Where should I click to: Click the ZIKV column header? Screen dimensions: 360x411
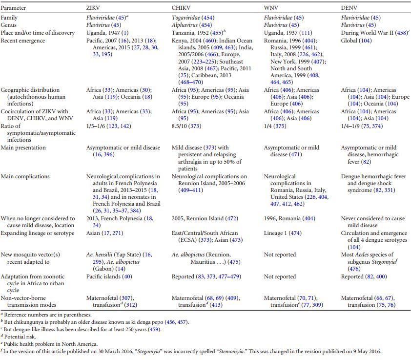point(94,8)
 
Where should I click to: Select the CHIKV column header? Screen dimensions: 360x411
point(181,8)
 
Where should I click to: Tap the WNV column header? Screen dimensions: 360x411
point(271,8)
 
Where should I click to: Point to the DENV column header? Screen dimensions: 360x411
point(349,8)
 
